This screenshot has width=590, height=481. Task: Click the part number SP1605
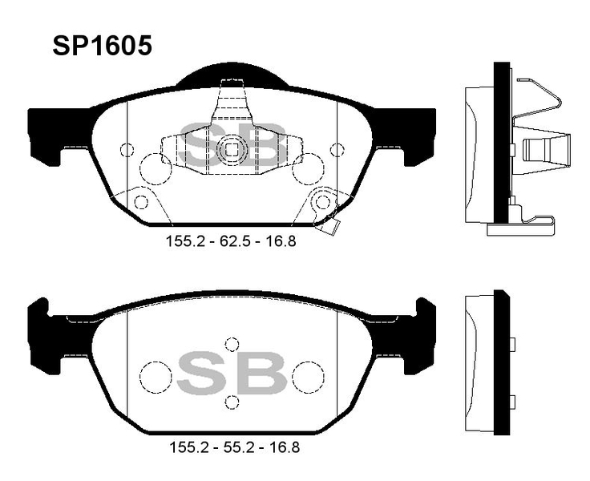103,46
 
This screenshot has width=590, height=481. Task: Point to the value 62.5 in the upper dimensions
232,241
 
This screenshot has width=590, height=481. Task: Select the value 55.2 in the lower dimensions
235,447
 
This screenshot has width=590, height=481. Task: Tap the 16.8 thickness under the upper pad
281,241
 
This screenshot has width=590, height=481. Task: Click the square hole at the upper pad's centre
232,150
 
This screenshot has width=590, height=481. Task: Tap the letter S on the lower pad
200,374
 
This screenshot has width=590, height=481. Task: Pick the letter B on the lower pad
263,374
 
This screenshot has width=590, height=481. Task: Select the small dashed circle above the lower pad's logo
232,345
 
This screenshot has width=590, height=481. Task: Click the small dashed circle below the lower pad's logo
232,402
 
